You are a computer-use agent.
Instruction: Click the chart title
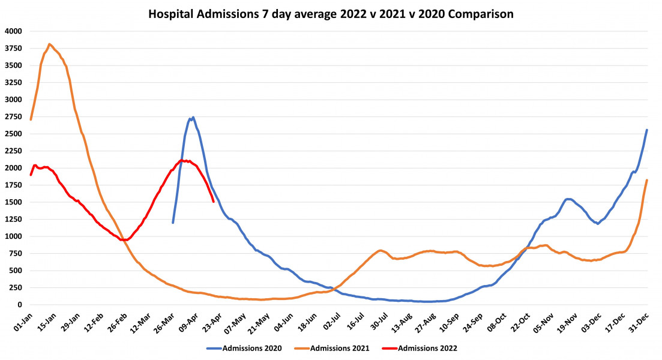click(x=331, y=14)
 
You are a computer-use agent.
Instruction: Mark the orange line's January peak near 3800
click(x=49, y=44)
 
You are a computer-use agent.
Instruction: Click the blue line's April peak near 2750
click(x=193, y=118)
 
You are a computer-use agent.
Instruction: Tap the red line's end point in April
click(x=214, y=202)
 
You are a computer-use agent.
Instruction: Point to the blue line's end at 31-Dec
click(x=646, y=130)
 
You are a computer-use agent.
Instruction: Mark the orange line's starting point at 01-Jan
click(x=31, y=119)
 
